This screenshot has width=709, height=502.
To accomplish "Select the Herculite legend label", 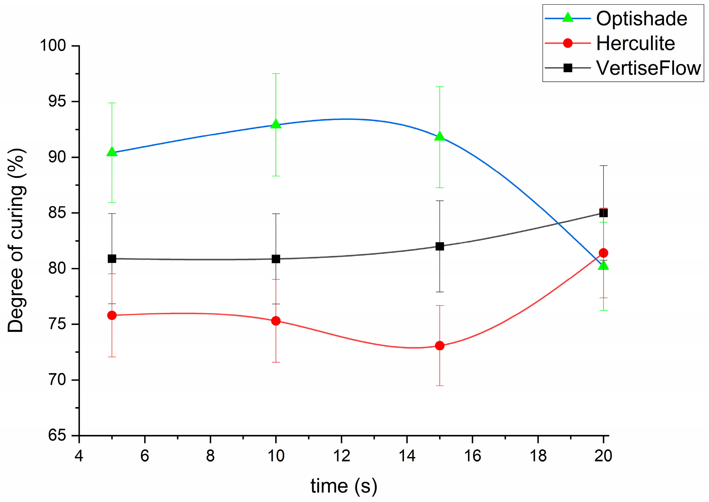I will pyautogui.click(x=635, y=43).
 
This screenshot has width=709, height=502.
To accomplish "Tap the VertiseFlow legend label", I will pyautogui.click(x=648, y=68).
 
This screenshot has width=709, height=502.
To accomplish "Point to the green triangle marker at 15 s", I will pyautogui.click(x=440, y=137).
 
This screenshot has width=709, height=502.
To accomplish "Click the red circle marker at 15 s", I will pyautogui.click(x=440, y=346).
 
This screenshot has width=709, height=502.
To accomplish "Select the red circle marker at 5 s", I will pyautogui.click(x=112, y=315).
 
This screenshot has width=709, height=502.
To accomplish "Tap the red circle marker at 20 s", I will pyautogui.click(x=603, y=253).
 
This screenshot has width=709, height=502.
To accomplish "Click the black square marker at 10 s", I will pyautogui.click(x=276, y=259).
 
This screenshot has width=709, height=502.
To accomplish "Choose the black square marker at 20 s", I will pyautogui.click(x=603, y=213).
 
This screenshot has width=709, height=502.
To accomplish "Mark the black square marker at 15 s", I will pyautogui.click(x=440, y=246).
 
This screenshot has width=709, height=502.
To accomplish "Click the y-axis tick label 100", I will pyautogui.click(x=53, y=46).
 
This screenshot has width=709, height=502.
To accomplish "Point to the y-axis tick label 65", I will pyautogui.click(x=57, y=435).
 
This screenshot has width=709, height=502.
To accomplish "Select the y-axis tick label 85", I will pyautogui.click(x=57, y=213).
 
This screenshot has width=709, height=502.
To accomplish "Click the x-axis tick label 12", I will pyautogui.click(x=341, y=456).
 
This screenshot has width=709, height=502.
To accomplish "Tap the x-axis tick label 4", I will pyautogui.click(x=79, y=456).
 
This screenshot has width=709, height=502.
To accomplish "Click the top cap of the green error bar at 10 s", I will pyautogui.click(x=276, y=74).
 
